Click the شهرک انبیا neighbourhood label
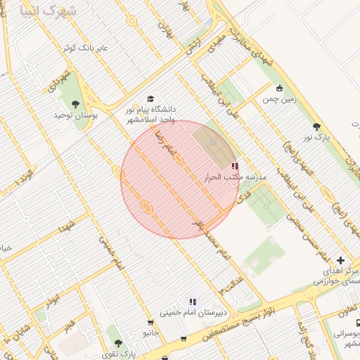coord(49,12)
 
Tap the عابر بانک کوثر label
coord(83,48)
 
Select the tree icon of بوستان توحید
coord(75,105)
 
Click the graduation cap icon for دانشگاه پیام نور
coord(149,100)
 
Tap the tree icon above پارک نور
coord(316,127)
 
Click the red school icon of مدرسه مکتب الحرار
coord(234,167)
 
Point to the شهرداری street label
coord(61,84)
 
